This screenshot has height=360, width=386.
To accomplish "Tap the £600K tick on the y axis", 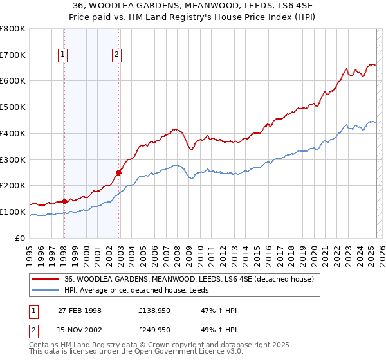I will tap(14, 81).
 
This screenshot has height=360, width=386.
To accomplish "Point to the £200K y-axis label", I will tap(14, 186).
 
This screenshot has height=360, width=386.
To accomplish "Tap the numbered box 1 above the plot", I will tap(64, 55).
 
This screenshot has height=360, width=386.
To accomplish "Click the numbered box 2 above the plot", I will tap(116, 55).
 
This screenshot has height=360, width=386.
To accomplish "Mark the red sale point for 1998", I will tap(64, 201).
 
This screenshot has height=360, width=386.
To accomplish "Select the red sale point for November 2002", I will tap(118, 172).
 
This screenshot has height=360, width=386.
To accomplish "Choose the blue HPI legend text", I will tap(145, 290).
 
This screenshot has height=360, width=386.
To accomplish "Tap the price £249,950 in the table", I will tap(154, 329).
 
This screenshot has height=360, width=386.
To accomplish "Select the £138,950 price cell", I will tap(154, 310).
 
